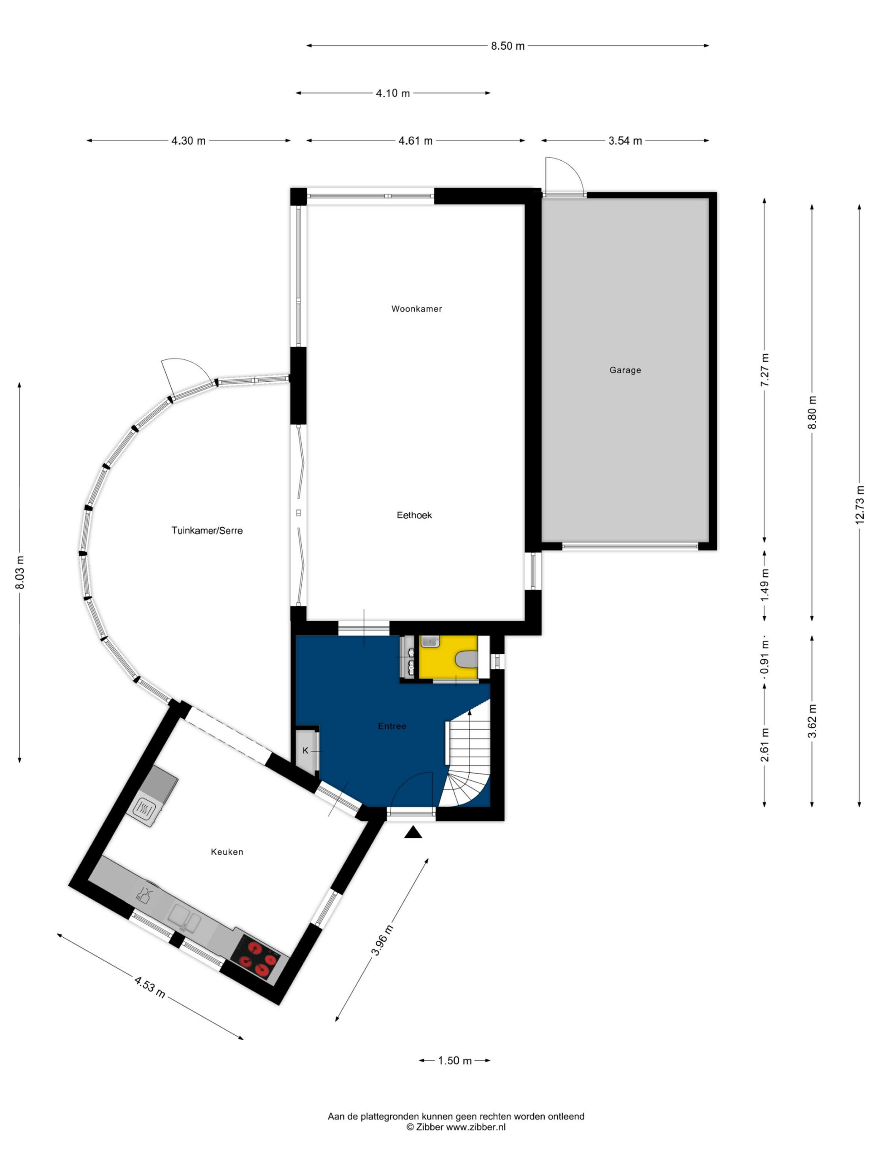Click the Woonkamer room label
[x=417, y=309]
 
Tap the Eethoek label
[x=414, y=515]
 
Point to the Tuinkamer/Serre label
[x=207, y=530]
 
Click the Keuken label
[x=227, y=852]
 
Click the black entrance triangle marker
[x=413, y=833]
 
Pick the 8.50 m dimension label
[x=508, y=46]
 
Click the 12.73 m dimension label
[x=859, y=505]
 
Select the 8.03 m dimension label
[x=20, y=572]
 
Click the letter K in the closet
[x=305, y=751]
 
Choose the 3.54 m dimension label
[x=625, y=141]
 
